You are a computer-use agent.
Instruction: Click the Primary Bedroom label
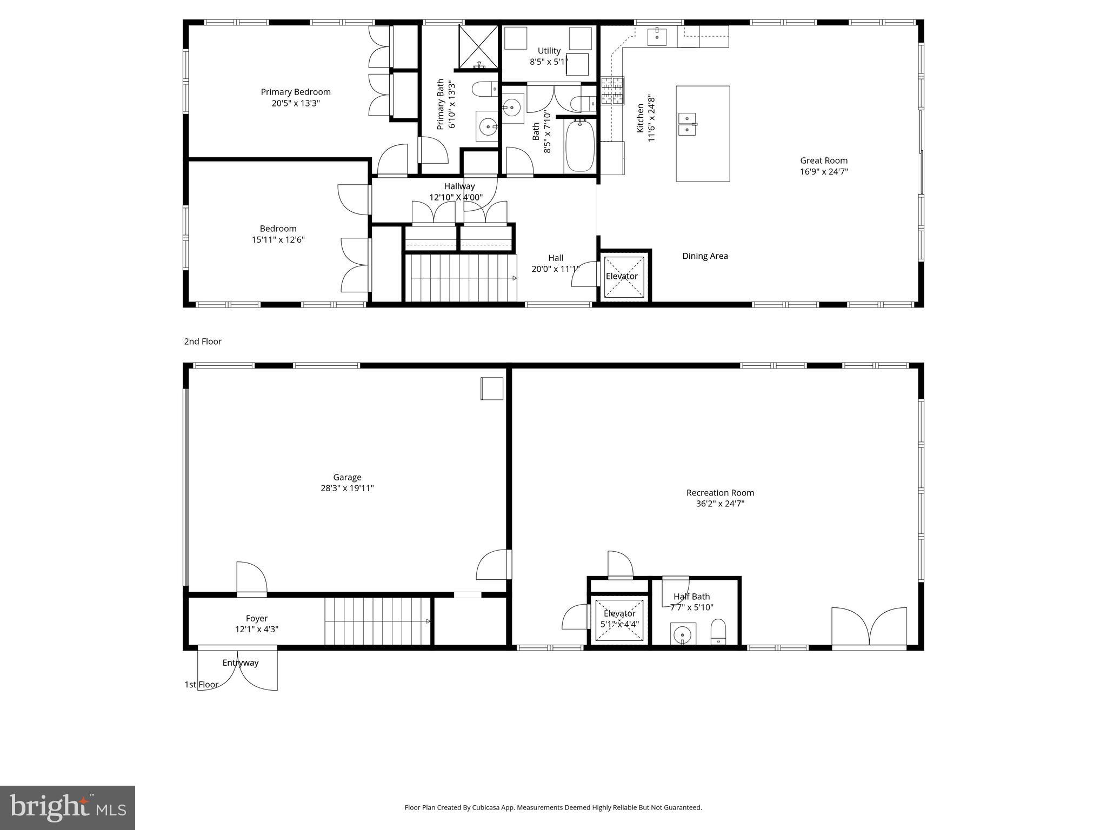coord(296,92)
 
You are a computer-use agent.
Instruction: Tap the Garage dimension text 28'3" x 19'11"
coord(347,488)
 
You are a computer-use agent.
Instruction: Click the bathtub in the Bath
coord(580,146)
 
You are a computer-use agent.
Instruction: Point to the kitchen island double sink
coord(687,124)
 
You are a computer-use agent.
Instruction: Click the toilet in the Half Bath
coord(718,632)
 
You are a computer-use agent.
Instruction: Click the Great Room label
coord(824,160)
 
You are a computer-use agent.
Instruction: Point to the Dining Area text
coord(705,256)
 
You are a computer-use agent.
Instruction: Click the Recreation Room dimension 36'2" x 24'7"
coord(720,504)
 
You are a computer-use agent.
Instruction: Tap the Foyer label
coord(256,619)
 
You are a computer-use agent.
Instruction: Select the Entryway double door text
coord(241,663)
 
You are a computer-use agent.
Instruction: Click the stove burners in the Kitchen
coord(612,91)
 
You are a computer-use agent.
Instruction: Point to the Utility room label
coord(549,51)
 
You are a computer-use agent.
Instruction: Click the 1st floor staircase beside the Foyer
coord(377,621)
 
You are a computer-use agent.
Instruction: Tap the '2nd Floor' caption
coord(203,342)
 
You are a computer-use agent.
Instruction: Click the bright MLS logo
coord(68,808)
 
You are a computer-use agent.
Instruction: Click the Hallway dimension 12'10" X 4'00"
coord(456,198)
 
